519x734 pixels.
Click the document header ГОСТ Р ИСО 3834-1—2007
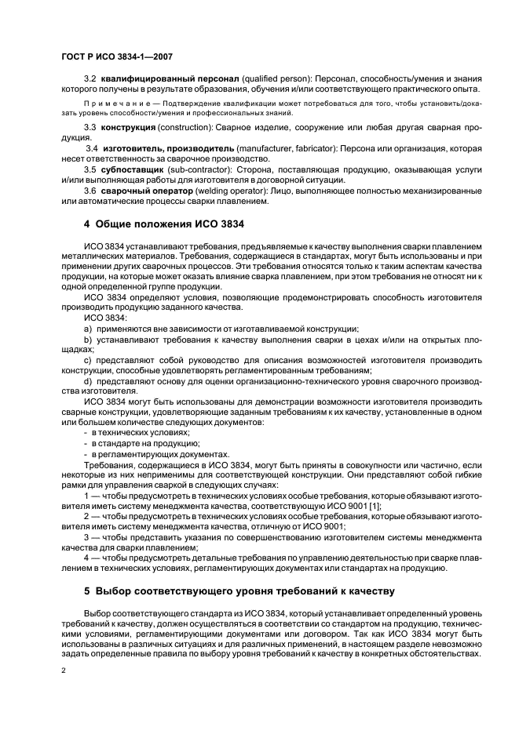click(x=117, y=56)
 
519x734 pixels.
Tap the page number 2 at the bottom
click(x=64, y=672)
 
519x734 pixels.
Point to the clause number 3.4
click(x=91, y=149)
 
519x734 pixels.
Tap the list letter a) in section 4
click(x=88, y=329)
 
